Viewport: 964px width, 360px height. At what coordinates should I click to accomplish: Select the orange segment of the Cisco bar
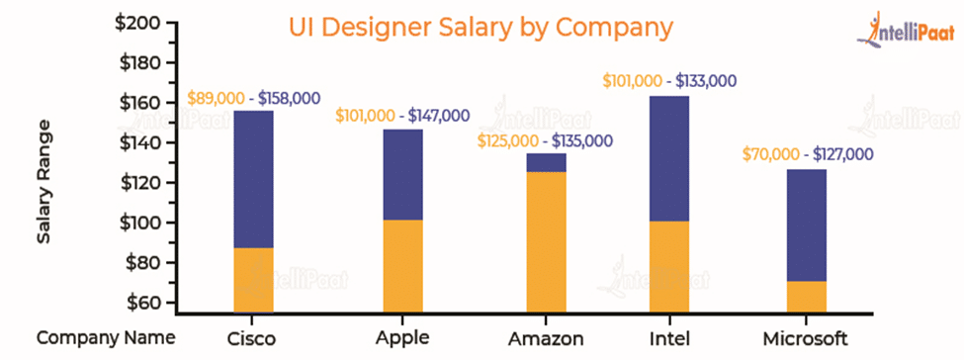coord(253,280)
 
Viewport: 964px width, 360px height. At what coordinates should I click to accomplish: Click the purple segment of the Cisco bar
coord(253,179)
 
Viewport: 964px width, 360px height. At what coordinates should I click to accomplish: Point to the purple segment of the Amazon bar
coord(546,162)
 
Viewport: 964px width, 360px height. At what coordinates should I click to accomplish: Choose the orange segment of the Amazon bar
coord(546,242)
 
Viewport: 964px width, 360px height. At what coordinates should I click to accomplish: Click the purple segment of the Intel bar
coord(668,158)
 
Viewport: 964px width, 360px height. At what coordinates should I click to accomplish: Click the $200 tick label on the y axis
coord(142,23)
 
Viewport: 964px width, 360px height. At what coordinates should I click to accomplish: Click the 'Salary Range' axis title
coord(44,182)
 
